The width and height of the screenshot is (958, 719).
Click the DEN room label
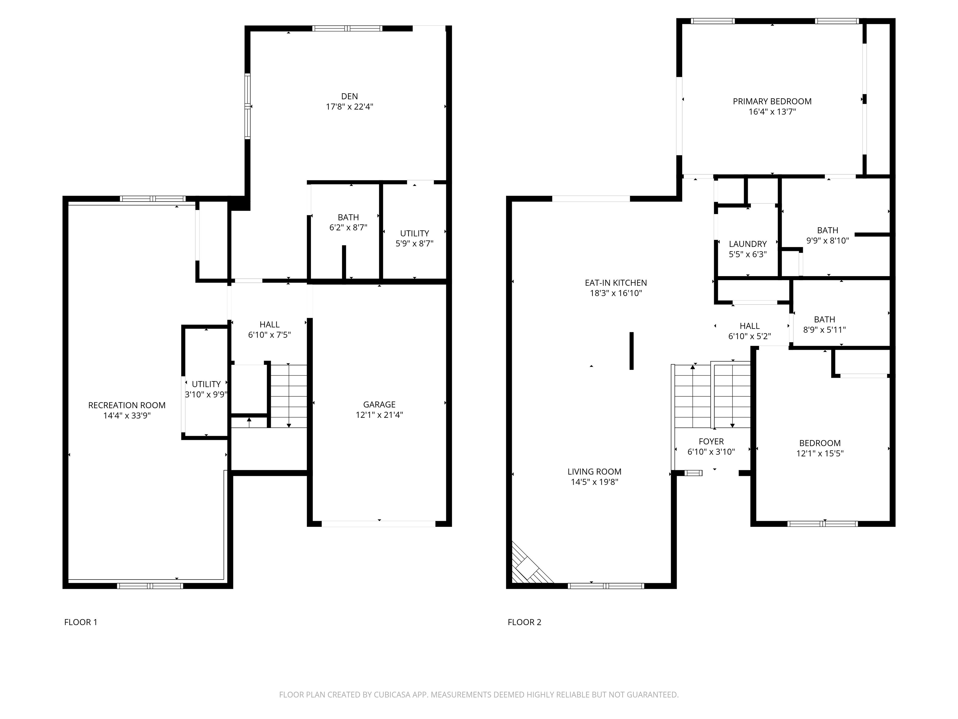[x=350, y=96]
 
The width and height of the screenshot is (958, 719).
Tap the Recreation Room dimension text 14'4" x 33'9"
[x=127, y=416]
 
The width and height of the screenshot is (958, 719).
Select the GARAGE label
[x=380, y=404]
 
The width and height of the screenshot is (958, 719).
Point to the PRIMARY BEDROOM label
[x=772, y=101]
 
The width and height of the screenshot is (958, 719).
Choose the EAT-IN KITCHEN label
[x=616, y=282]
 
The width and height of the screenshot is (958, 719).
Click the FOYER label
[x=711, y=441]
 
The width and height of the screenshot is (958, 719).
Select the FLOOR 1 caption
[x=81, y=622]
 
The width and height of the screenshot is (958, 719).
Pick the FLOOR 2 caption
[x=525, y=622]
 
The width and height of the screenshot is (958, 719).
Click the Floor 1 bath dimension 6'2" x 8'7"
[x=349, y=227]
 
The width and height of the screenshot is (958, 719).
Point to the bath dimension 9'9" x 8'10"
[x=828, y=241]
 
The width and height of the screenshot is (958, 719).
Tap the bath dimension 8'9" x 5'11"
[x=825, y=330]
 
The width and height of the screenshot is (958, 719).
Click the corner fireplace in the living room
[x=529, y=565]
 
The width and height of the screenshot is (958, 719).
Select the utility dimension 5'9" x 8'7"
[x=414, y=243]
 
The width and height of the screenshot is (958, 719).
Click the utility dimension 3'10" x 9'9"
[x=206, y=394]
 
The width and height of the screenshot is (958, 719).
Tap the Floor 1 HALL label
[x=269, y=324]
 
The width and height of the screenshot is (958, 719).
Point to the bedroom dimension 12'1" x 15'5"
[x=820, y=453]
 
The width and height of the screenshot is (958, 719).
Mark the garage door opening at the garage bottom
[x=379, y=524]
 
